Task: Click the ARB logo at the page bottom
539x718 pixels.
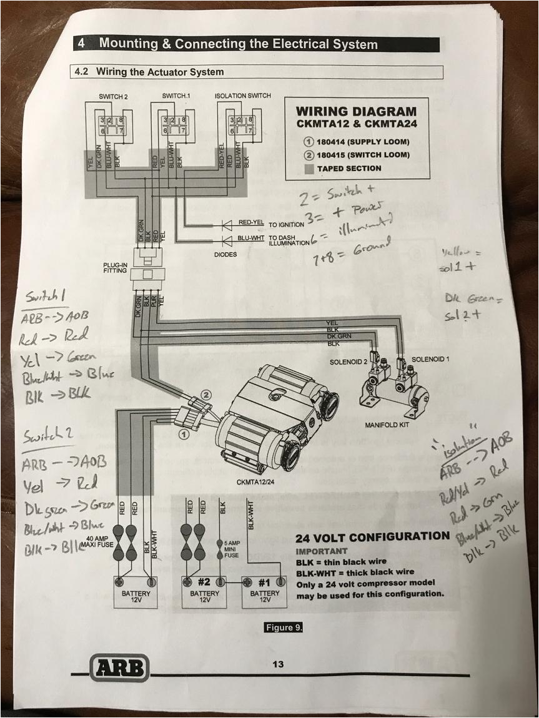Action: [x=120, y=667]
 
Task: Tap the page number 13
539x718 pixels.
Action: [x=278, y=664]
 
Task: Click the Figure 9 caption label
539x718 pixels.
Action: [x=283, y=627]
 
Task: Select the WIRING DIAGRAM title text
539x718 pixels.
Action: [x=355, y=111]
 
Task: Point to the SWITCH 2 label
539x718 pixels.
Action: [x=112, y=96]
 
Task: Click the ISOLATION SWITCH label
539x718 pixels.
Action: [x=242, y=96]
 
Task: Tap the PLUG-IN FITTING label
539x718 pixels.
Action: [x=116, y=268]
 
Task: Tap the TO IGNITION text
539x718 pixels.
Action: [x=286, y=223]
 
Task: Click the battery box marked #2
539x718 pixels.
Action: [x=205, y=589]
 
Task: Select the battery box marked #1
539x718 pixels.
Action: [x=265, y=589]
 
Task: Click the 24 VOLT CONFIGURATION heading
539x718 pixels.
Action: [x=372, y=537]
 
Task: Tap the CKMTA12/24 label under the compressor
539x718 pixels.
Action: [x=256, y=481]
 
